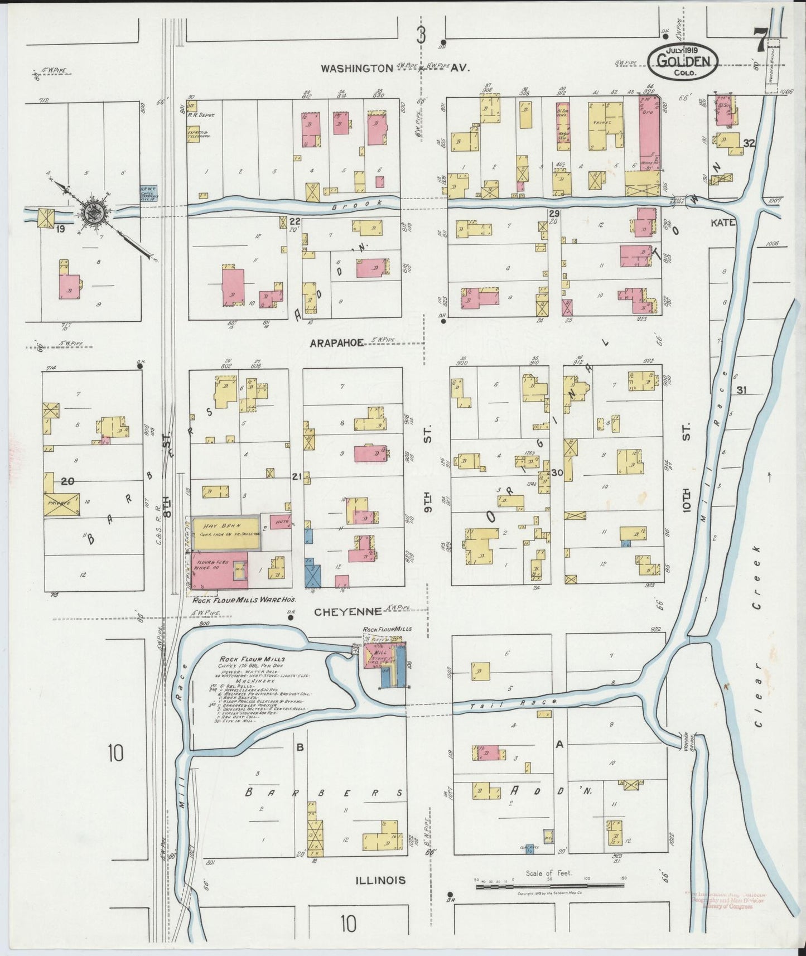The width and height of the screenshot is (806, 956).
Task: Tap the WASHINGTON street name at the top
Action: tap(357, 68)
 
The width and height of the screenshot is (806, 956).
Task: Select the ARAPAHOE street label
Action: tap(336, 344)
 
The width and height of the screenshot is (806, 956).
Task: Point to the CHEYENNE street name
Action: tap(340, 612)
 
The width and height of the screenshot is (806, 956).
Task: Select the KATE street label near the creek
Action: tap(723, 223)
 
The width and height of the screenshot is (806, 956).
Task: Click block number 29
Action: tap(554, 214)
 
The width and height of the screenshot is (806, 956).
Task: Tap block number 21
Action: tap(296, 476)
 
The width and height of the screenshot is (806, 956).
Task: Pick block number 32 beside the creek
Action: tap(748, 143)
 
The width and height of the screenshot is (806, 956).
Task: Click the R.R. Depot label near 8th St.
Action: tap(204, 115)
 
